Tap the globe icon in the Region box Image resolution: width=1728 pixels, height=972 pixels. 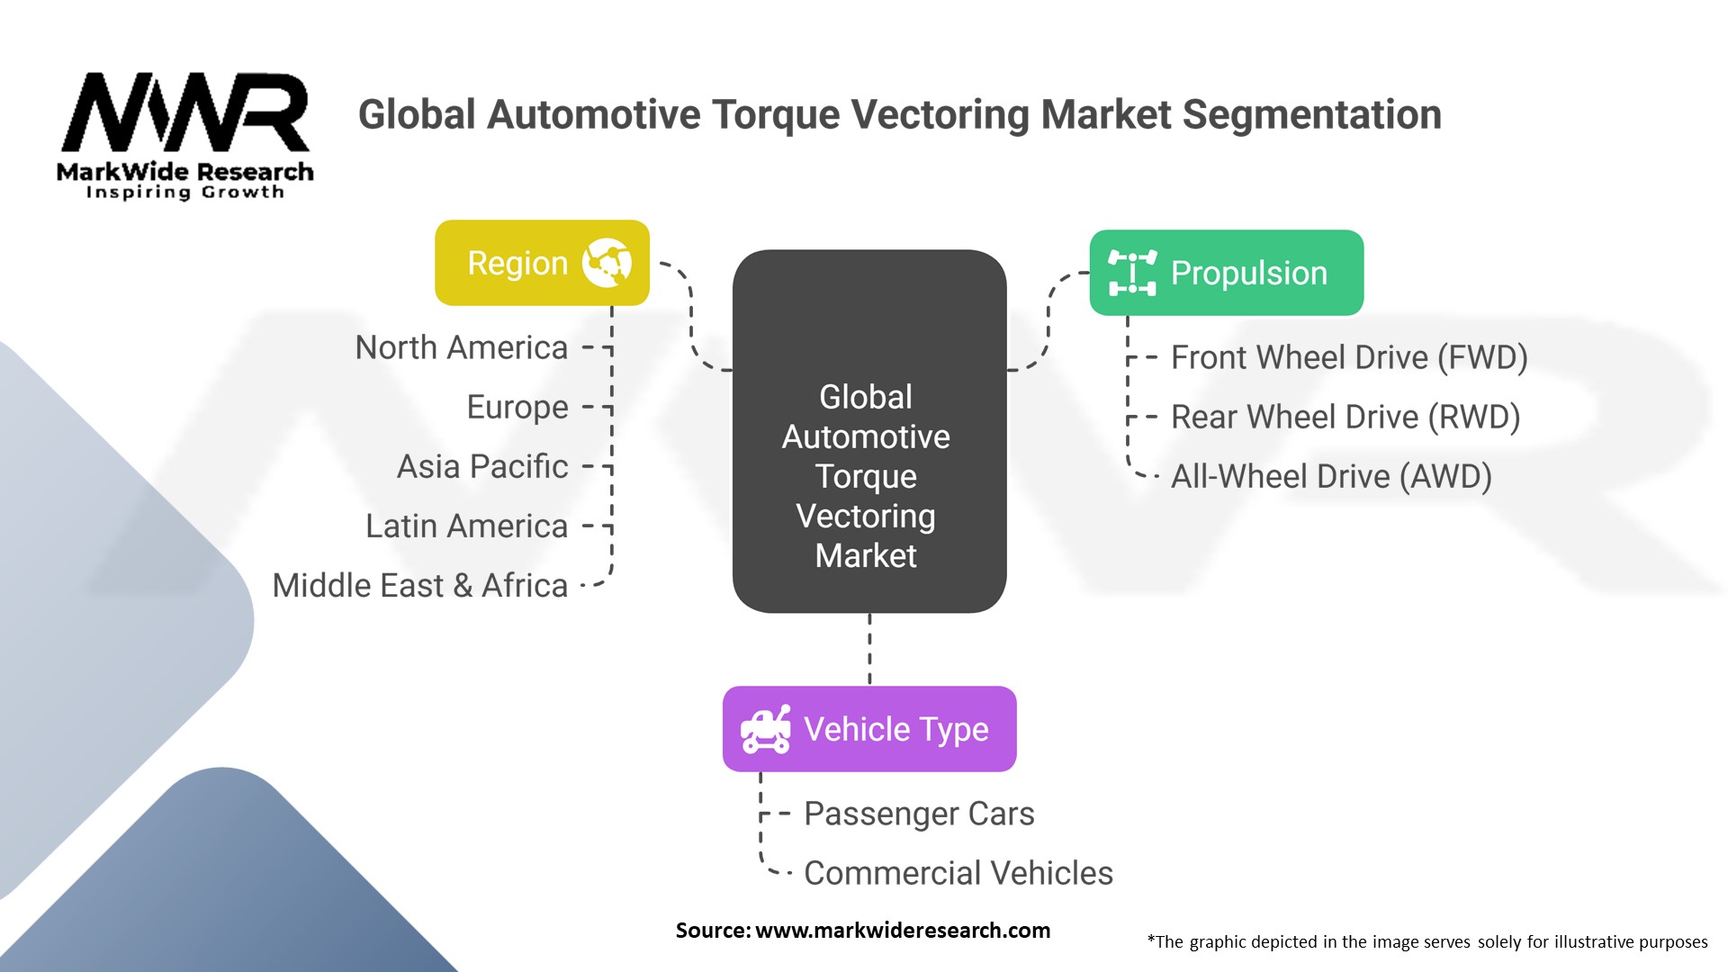pos(607,263)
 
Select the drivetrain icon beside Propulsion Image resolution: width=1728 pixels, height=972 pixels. pos(1132,273)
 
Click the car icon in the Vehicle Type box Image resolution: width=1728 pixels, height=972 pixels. pos(766,729)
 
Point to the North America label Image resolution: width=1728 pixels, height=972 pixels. pos(462,347)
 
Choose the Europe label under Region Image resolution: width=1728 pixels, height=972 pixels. pos(517,407)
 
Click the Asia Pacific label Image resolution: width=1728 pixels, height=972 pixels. pos(482,466)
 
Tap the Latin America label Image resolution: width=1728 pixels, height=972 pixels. pos(466,526)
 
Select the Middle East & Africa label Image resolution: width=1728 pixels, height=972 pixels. pos(420,585)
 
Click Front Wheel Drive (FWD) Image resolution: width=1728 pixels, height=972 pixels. pos(1349,357)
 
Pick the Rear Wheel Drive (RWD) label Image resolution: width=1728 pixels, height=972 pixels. pos(1345,417)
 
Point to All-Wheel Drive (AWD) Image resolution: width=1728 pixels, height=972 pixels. pos(1331,476)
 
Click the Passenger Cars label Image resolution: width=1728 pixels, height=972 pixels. pos(919,814)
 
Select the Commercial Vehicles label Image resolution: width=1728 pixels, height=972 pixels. pos(958,873)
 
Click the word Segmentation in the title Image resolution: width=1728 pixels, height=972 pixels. pos(1311,114)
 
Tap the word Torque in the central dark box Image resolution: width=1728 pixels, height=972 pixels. pos(866,476)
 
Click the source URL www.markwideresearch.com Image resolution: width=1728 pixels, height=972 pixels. pos(903,931)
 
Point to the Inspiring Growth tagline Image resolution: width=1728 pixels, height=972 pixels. pos(184,193)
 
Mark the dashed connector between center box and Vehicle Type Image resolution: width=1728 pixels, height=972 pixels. pos(869,649)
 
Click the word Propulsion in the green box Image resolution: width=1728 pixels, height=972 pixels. pos(1249,273)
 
